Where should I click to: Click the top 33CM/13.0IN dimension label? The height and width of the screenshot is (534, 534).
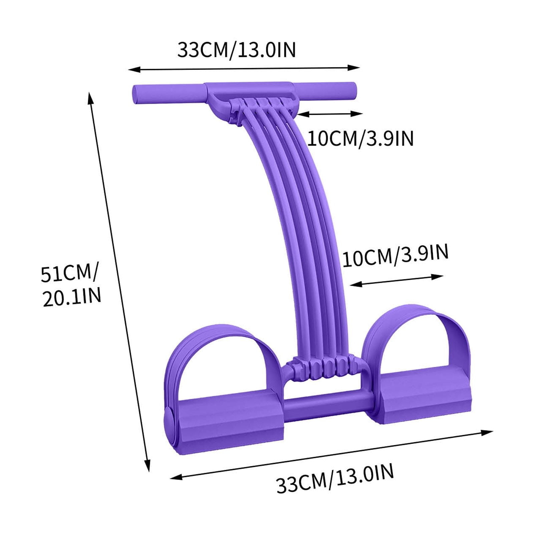tap(236, 50)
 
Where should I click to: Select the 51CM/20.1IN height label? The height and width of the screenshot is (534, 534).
tap(70, 285)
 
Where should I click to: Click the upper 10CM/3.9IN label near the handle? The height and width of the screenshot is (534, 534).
tap(360, 138)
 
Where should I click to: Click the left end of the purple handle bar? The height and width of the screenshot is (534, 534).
tap(135, 94)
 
